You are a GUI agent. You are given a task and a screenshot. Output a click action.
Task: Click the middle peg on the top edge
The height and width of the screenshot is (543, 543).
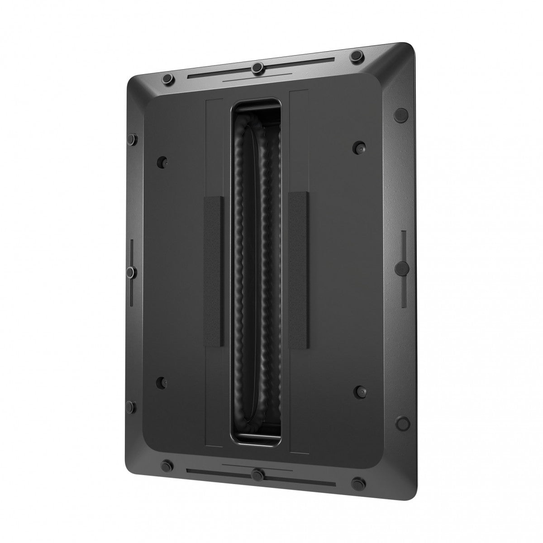(x=257, y=67)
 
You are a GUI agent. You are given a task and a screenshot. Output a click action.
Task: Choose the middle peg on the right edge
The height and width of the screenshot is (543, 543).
(x=400, y=268)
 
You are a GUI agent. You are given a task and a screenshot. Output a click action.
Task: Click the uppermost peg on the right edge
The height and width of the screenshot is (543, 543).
(x=400, y=114)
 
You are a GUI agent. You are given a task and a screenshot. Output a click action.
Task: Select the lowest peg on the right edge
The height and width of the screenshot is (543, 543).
(x=400, y=424)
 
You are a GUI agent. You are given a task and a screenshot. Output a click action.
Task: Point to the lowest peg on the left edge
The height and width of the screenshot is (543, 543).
(x=130, y=405)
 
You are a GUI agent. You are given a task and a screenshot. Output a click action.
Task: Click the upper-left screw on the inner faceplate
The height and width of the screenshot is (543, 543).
(x=162, y=161)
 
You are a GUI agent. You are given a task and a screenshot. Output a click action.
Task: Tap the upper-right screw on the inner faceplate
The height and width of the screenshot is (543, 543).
(x=360, y=147)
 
